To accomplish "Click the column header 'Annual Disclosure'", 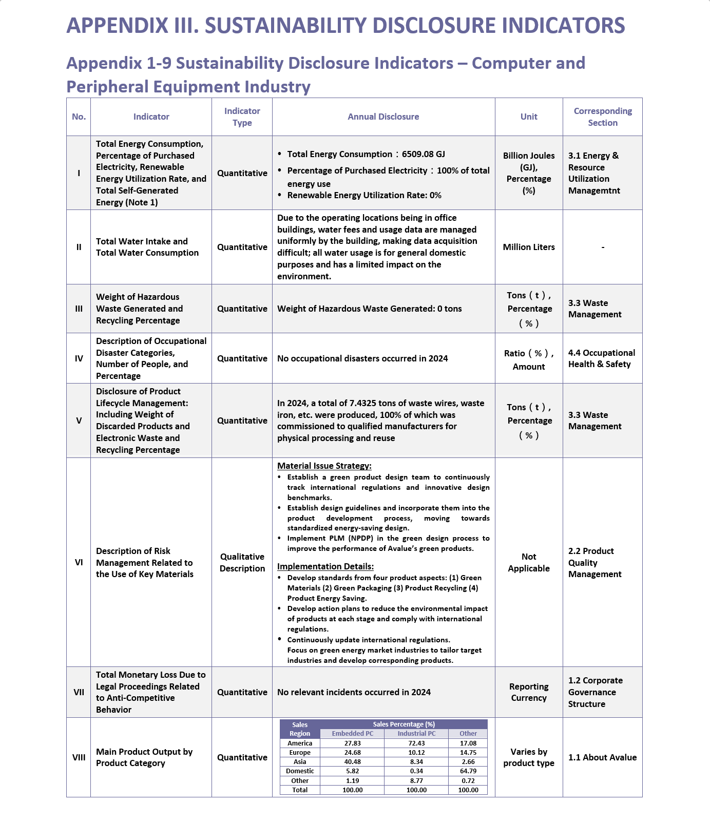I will click(383, 117).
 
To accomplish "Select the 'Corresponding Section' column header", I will click(603, 117).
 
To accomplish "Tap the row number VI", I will click(79, 562).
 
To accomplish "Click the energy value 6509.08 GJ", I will click(423, 154).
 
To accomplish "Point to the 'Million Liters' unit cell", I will click(529, 247).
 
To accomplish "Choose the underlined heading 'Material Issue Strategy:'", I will click(324, 466).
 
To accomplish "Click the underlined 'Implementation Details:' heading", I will click(325, 566).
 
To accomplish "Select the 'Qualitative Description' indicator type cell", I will click(242, 562).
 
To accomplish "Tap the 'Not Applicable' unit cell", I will click(529, 562).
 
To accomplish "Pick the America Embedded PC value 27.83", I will click(352, 743).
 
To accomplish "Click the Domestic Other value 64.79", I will click(468, 771).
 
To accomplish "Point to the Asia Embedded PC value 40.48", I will click(352, 761).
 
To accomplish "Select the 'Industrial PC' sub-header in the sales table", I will click(416, 734).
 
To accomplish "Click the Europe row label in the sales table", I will click(300, 752).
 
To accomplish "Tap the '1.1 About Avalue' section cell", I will click(602, 757).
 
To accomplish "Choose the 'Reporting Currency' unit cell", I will click(529, 692).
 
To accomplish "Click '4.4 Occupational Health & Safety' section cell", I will click(601, 358).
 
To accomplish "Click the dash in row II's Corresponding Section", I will click(603, 247).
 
